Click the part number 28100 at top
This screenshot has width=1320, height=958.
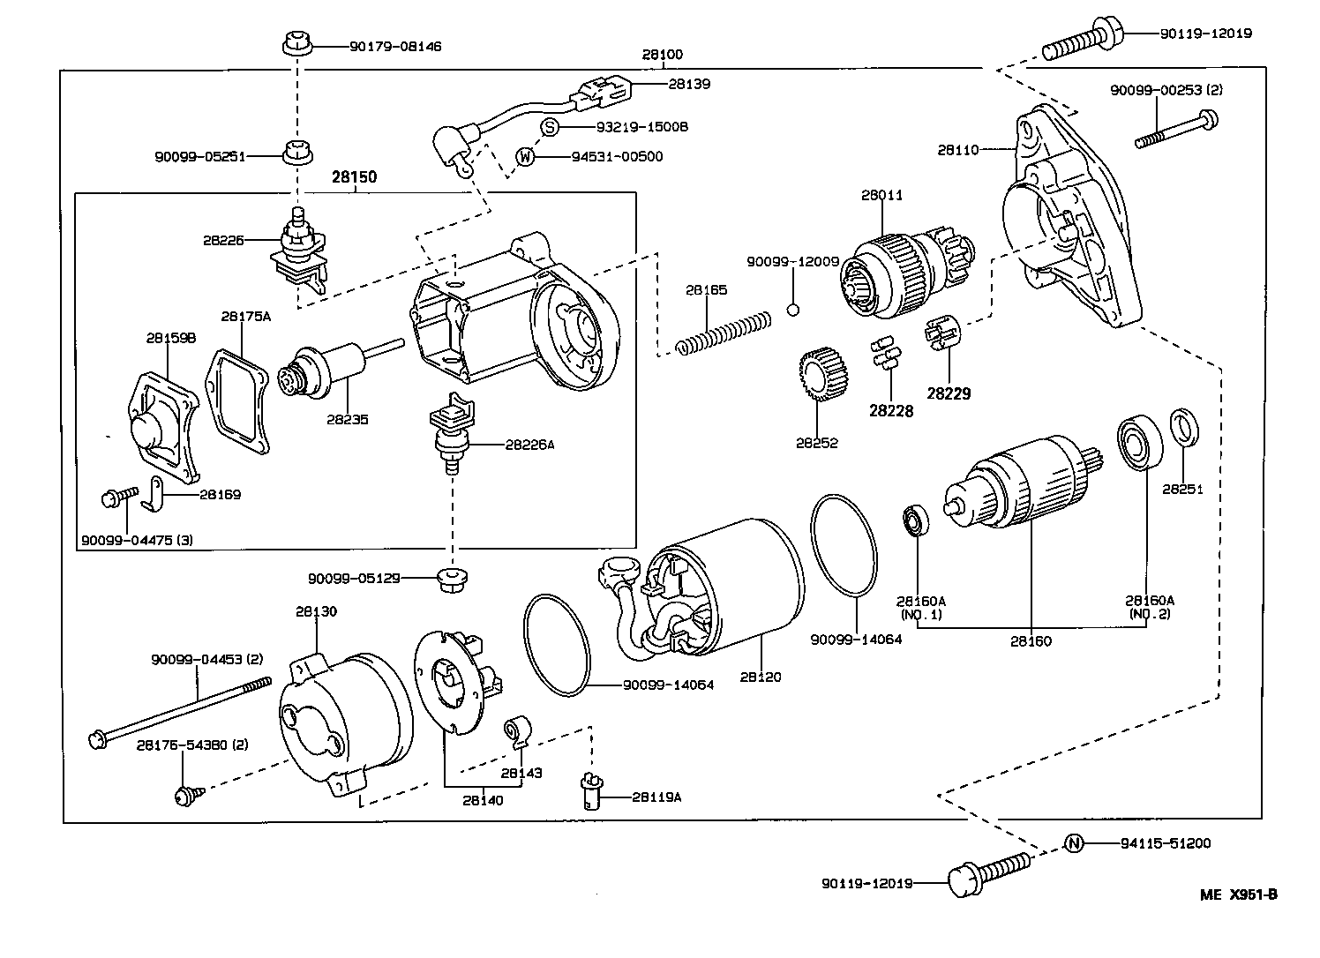click(662, 55)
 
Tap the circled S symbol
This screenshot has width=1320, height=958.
click(549, 127)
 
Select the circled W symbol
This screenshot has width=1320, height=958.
click(526, 157)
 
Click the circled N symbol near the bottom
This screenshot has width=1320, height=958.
click(1073, 843)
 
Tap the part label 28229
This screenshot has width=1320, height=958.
click(949, 393)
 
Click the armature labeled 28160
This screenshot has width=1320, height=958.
click(1024, 494)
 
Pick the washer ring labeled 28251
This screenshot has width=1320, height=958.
click(1184, 425)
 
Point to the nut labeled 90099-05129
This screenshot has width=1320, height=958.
click(452, 579)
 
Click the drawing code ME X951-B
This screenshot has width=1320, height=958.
click(1238, 894)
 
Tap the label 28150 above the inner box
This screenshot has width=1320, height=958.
click(354, 177)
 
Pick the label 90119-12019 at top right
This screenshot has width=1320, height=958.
click(1205, 34)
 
